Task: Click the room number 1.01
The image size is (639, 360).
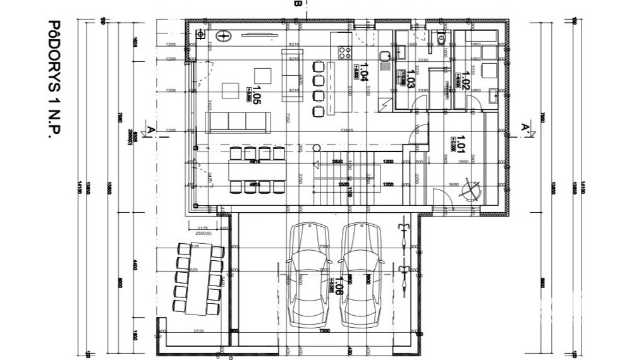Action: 461,145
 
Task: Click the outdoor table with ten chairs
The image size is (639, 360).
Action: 198,279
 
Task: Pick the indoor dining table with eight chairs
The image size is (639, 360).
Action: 257,169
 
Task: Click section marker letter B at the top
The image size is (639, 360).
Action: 297,4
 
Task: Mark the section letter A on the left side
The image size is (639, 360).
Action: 150,129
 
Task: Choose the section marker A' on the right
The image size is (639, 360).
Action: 525,128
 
